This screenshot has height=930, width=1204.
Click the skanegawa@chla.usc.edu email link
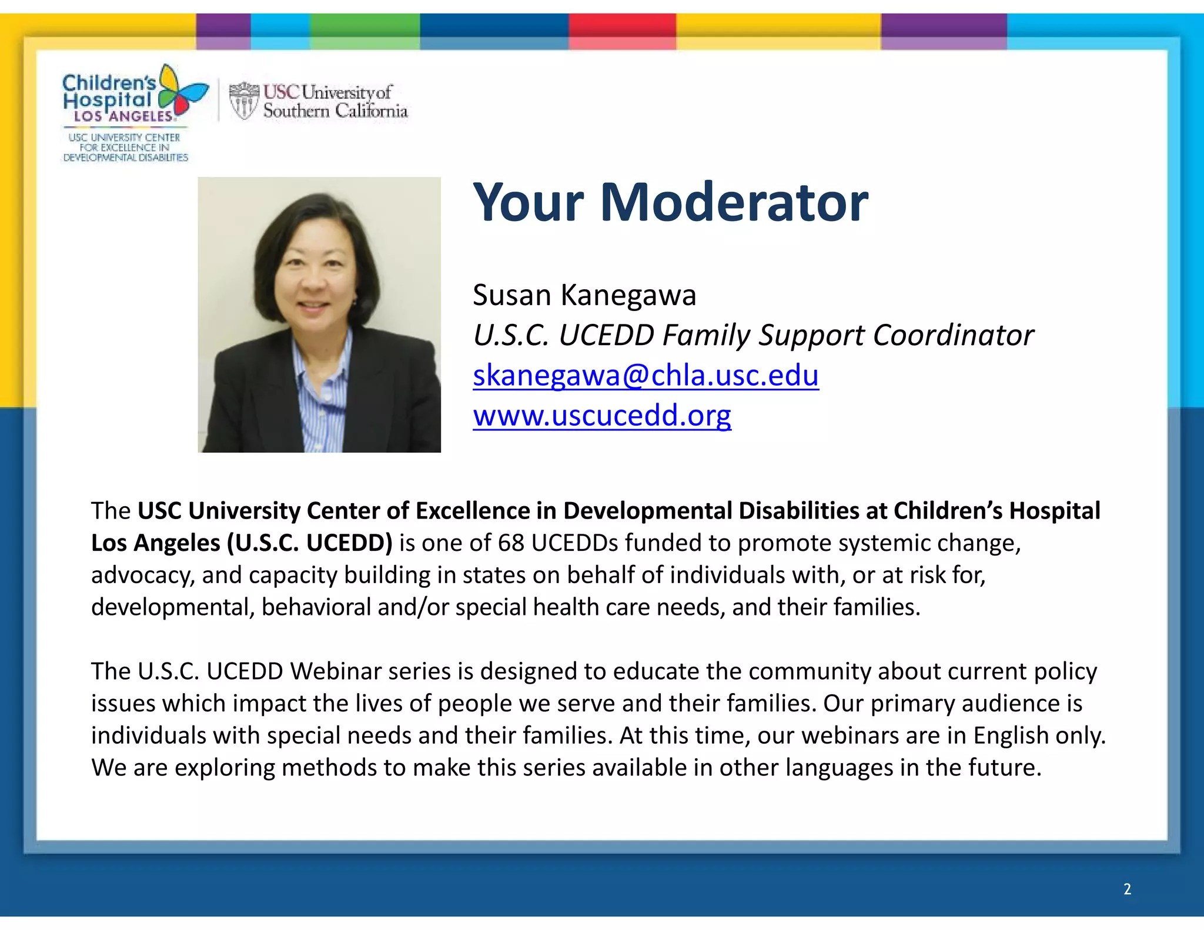tap(646, 375)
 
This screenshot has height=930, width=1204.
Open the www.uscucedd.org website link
tap(602, 415)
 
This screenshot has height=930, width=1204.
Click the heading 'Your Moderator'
tap(670, 202)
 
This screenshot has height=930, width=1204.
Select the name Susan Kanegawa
tap(584, 295)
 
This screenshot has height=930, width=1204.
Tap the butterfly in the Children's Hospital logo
tap(182, 91)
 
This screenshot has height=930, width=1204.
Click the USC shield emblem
tap(243, 101)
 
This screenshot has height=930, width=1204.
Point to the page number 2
tap(1127, 889)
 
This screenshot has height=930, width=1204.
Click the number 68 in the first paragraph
tap(511, 543)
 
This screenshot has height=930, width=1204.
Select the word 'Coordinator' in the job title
tap(953, 335)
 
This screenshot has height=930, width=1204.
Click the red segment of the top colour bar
tap(622, 31)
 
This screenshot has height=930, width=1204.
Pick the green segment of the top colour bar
tap(364, 31)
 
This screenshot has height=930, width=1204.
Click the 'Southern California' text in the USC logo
tap(335, 111)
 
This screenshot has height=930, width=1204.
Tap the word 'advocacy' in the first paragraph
tap(142, 575)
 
